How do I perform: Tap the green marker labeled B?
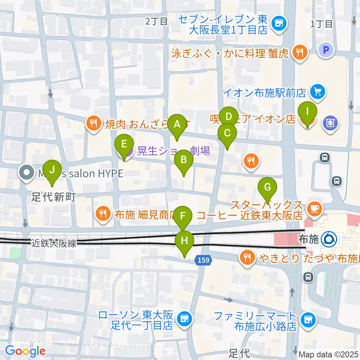[x=184, y=160]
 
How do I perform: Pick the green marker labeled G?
[x=267, y=187]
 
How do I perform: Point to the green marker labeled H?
[x=184, y=241]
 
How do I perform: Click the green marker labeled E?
[x=124, y=145]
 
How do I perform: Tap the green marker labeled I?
[x=307, y=112]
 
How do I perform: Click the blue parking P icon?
[x=326, y=49]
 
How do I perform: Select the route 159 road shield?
[x=204, y=259]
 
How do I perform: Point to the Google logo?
[x=25, y=351]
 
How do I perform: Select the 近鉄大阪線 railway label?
[x=54, y=244]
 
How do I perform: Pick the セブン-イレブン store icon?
[x=279, y=24]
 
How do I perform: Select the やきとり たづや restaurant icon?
[x=247, y=258]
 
